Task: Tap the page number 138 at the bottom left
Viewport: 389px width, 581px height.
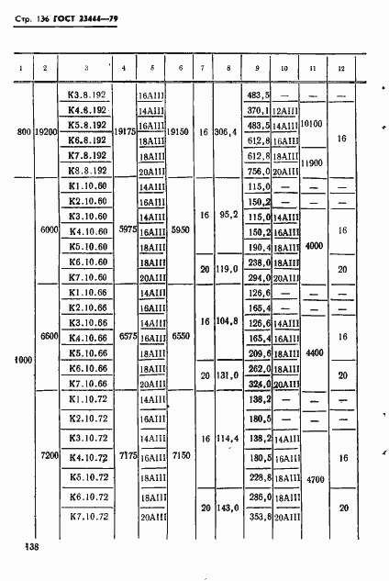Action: pos(23,548)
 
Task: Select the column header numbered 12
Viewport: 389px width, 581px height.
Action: pos(341,69)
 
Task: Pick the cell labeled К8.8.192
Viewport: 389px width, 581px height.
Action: pos(88,171)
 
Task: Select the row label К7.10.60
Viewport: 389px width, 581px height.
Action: pos(88,277)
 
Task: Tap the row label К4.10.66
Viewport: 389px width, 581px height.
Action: pos(88,337)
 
